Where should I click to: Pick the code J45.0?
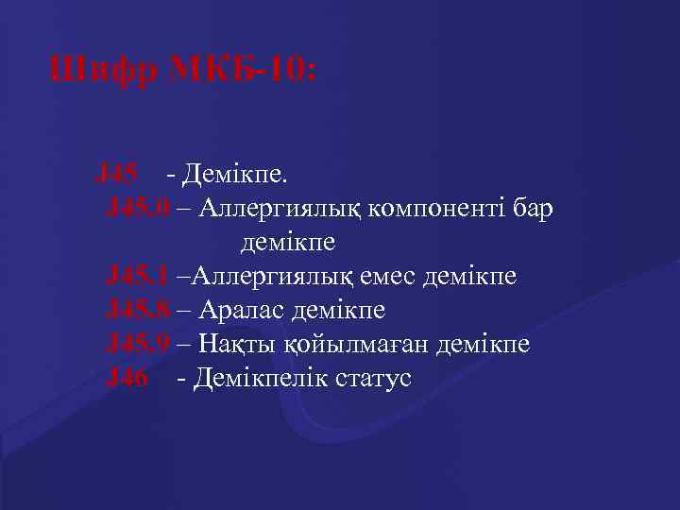click(x=139, y=207)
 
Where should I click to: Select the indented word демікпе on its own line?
click(x=289, y=242)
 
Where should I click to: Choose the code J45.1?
click(x=139, y=276)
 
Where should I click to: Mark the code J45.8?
click(x=139, y=310)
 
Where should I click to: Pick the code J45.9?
click(x=139, y=344)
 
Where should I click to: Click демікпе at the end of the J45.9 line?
click(x=483, y=344)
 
